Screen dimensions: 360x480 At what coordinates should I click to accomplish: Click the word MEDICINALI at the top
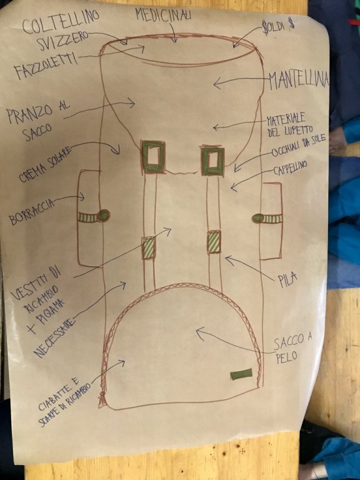point(164,14)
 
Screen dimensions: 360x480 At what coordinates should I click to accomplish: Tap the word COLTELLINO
point(61,22)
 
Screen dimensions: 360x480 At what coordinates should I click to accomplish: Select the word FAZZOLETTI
point(45,66)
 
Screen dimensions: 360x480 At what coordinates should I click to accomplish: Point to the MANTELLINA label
point(299,81)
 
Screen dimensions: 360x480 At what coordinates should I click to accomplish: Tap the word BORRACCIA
point(32,211)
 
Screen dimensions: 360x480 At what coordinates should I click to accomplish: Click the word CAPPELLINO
point(290,169)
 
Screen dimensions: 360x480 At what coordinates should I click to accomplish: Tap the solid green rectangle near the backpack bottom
point(241,374)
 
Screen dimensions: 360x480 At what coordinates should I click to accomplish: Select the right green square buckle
point(212,161)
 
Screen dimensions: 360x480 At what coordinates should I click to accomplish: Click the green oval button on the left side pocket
point(104,215)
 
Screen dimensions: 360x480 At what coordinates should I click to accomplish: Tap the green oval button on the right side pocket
point(258,218)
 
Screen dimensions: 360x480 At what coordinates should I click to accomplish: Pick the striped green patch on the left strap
point(149,247)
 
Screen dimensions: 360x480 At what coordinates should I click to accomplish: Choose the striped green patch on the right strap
point(214,241)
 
